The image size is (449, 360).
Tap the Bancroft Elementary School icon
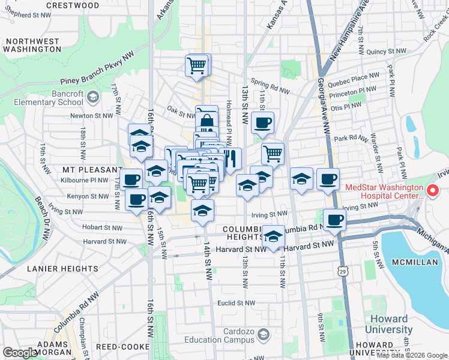tap(92, 97)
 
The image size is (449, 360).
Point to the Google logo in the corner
tap(20, 353)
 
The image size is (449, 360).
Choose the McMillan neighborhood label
tap(417, 262)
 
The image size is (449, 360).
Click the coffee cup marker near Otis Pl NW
tap(262, 123)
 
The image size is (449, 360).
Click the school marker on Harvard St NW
tap(274, 236)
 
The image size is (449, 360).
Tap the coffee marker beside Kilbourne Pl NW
tap(131, 179)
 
